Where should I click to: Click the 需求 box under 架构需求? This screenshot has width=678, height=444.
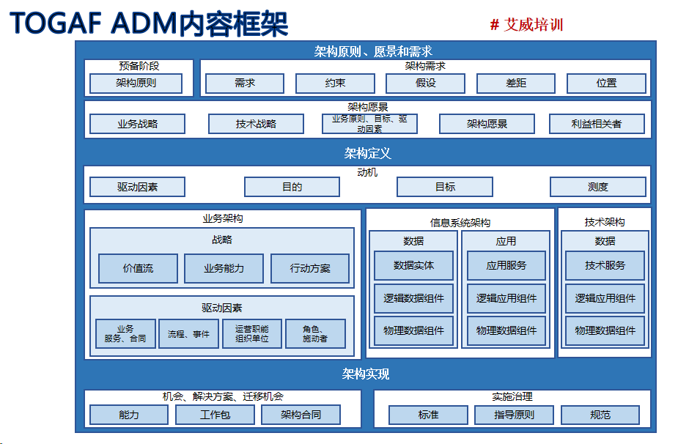pyautogui.click(x=244, y=84)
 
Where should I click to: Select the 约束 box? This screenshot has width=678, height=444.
pyautogui.click(x=335, y=84)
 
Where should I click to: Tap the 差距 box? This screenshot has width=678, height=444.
pyautogui.click(x=516, y=84)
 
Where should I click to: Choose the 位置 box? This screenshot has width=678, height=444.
pyautogui.click(x=606, y=84)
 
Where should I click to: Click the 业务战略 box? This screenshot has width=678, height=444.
pyautogui.click(x=137, y=124)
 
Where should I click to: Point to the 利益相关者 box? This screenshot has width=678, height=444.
pyautogui.click(x=597, y=124)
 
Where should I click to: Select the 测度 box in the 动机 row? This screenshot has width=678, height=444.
pyautogui.click(x=598, y=187)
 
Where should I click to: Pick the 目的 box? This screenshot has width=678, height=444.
pyautogui.click(x=292, y=187)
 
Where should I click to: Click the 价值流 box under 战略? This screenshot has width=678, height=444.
pyautogui.click(x=138, y=269)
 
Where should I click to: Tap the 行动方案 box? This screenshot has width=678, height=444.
pyautogui.click(x=310, y=269)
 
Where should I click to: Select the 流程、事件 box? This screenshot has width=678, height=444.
pyautogui.click(x=188, y=334)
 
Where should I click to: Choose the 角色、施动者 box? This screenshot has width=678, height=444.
pyautogui.click(x=315, y=334)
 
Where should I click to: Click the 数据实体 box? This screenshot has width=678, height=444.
pyautogui.click(x=413, y=265)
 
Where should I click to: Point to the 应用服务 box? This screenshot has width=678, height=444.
pyautogui.click(x=506, y=265)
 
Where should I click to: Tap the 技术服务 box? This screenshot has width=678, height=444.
pyautogui.click(x=605, y=265)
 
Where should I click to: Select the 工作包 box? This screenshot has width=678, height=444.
pyautogui.click(x=215, y=415)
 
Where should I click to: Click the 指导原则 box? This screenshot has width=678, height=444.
pyautogui.click(x=514, y=415)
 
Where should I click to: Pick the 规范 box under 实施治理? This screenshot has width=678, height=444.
pyautogui.click(x=600, y=415)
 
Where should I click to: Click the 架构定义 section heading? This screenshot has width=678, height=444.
pyautogui.click(x=367, y=153)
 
